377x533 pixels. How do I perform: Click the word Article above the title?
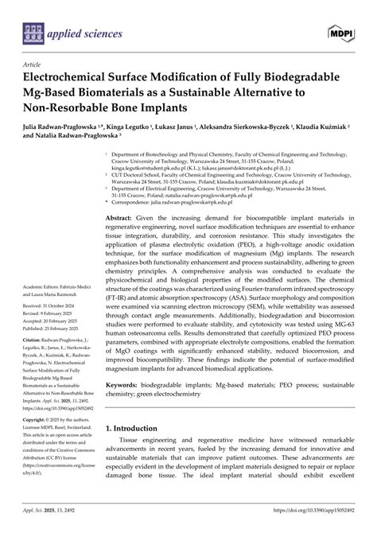(33, 65)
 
